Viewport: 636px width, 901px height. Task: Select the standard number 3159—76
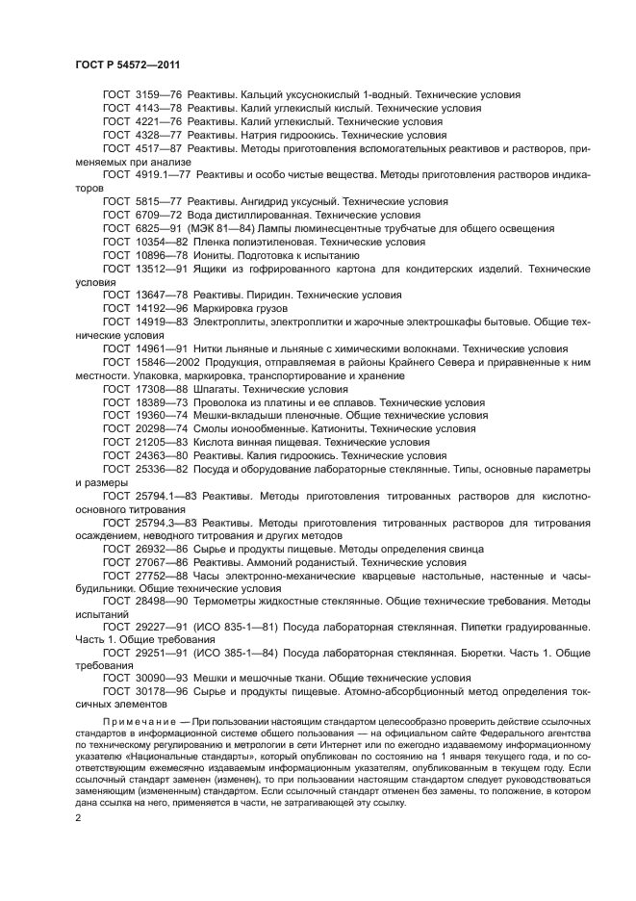157,95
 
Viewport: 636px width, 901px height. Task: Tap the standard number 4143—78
157,109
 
